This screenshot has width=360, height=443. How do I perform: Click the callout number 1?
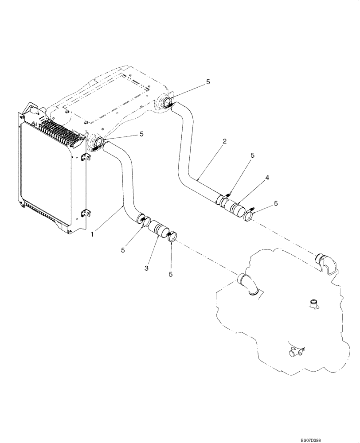(x=92, y=233)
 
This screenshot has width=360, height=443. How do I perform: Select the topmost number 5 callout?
(x=207, y=82)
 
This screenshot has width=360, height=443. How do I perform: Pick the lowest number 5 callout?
(x=171, y=275)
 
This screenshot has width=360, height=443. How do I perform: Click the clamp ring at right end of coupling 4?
(x=251, y=216)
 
